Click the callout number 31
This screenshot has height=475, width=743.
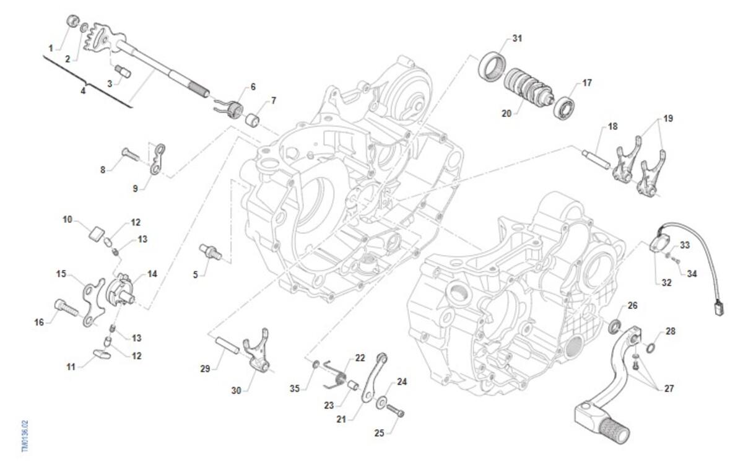(518, 38)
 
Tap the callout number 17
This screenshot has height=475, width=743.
(587, 82)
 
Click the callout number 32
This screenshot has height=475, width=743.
(666, 283)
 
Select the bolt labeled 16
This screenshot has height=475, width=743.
(64, 307)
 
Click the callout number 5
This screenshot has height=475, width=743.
(196, 274)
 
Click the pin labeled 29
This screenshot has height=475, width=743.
(227, 344)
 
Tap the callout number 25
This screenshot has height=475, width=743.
(380, 433)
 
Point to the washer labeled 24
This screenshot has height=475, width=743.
(379, 404)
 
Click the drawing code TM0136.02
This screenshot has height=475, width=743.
(25, 437)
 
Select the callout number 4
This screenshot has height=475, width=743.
(83, 90)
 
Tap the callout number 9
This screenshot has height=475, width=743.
(135, 188)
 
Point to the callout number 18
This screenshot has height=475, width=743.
(612, 126)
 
